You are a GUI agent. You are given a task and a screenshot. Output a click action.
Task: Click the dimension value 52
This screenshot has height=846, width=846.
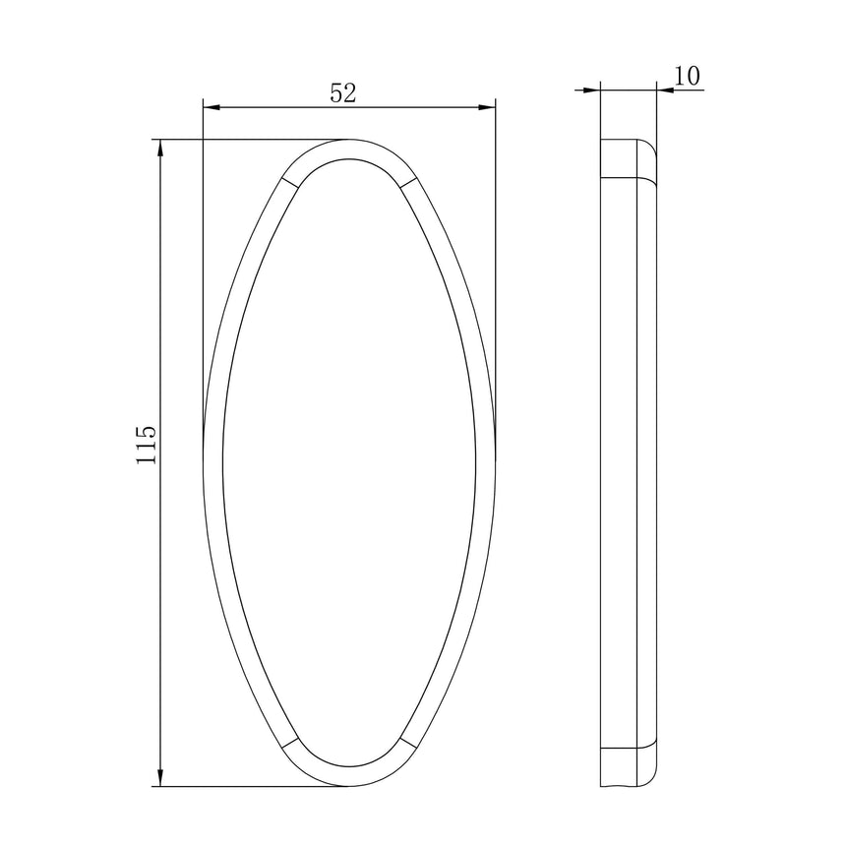point(343,93)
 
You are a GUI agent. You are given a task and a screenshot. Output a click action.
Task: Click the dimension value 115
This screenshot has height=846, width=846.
point(147,445)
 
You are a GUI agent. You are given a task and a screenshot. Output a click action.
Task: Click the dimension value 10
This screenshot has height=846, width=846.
point(687,76)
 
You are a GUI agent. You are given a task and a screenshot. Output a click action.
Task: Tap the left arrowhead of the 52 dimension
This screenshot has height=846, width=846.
point(211,107)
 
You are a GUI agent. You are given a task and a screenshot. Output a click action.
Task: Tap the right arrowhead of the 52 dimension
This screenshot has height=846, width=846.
point(487,107)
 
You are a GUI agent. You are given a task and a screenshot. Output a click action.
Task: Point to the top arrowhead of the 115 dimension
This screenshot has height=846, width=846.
point(159,148)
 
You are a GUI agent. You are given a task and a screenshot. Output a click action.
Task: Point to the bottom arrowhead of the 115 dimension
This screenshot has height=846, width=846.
point(159,777)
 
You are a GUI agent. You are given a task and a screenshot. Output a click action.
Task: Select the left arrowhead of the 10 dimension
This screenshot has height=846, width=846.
point(592,91)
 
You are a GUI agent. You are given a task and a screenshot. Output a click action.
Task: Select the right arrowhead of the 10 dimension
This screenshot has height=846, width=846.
point(666,91)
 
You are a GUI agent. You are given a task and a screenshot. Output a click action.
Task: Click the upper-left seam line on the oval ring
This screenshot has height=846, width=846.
point(290,182)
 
